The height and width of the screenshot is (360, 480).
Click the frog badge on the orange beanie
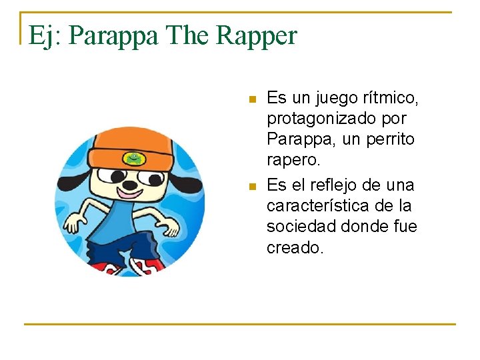[135, 159]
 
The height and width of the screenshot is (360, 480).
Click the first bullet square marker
[251, 99]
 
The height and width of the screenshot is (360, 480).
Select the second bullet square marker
[251, 186]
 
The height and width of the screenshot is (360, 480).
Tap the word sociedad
[297, 227]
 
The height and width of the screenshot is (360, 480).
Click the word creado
[295, 248]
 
